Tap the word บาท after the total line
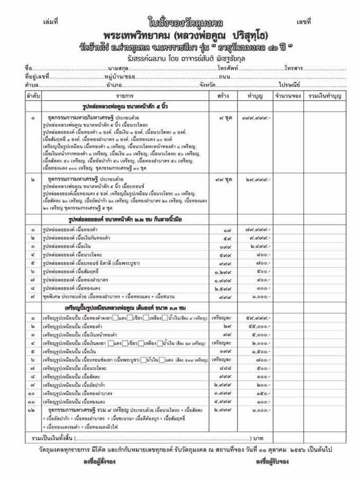tap(259, 439)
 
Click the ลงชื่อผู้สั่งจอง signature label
tap(98, 462)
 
